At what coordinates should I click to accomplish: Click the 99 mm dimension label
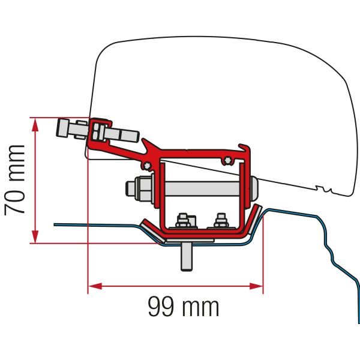[183, 307]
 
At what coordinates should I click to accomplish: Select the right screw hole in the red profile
[228, 159]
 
